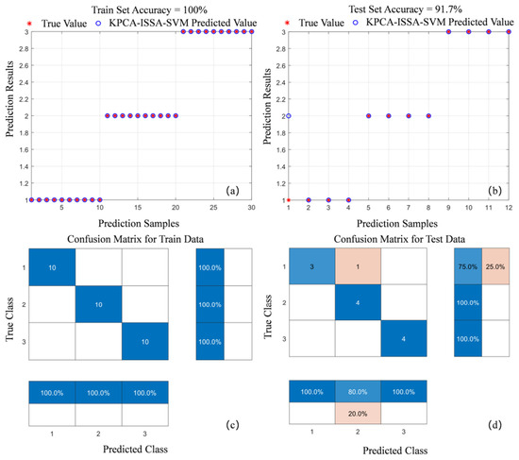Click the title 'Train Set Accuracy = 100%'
click(x=149, y=10)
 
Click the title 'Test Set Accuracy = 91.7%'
click(x=405, y=9)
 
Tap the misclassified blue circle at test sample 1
click(x=289, y=115)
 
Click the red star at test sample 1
click(x=289, y=200)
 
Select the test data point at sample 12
click(x=509, y=32)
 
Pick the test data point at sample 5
click(x=368, y=115)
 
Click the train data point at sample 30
click(x=252, y=32)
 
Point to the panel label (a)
click(x=232, y=191)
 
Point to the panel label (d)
click(x=494, y=424)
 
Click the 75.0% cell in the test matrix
click(x=468, y=266)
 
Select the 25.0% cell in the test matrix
click(x=495, y=266)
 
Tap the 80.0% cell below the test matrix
click(x=358, y=391)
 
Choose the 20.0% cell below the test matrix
click(x=358, y=414)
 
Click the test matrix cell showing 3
click(x=311, y=266)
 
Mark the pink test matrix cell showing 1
click(x=358, y=266)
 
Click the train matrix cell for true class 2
click(x=99, y=304)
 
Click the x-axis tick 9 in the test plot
click(x=448, y=208)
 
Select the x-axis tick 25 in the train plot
click(x=213, y=208)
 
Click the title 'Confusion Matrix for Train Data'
click(x=135, y=239)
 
